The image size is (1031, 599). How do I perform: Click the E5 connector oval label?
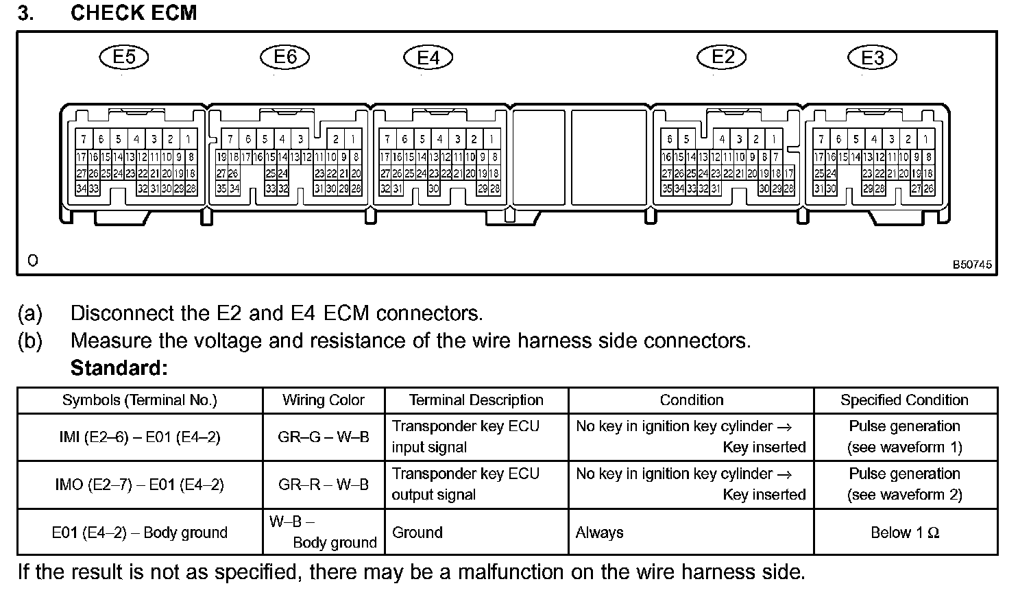tap(124, 57)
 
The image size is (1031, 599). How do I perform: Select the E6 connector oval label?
tap(285, 57)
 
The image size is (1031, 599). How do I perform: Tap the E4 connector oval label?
tap(428, 58)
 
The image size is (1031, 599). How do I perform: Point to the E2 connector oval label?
tap(723, 57)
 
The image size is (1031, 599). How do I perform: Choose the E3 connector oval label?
tap(872, 58)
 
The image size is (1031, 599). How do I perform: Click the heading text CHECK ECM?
tap(134, 13)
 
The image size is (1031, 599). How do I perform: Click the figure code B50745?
tap(971, 265)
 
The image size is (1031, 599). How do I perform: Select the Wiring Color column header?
tap(324, 400)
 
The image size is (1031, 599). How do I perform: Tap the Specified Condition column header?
tap(904, 400)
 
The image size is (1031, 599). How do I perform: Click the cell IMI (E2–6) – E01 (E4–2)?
tap(140, 437)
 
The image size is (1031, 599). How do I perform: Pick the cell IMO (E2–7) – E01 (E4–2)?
tap(140, 485)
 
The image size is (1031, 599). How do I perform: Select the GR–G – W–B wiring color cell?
tap(324, 437)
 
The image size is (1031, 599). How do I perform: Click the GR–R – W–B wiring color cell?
tap(324, 485)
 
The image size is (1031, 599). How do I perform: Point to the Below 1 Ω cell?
tap(904, 533)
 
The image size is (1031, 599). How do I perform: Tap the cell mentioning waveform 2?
tap(904, 485)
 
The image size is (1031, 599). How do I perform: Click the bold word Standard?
tap(119, 368)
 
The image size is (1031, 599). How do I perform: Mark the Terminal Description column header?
tap(476, 400)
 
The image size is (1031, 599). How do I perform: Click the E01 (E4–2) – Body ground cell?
tap(140, 533)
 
